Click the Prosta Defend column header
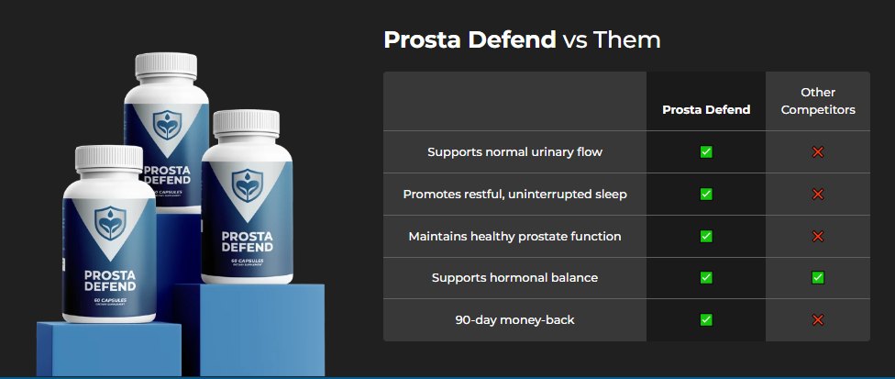(x=706, y=109)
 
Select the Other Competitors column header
(x=818, y=101)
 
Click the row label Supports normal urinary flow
(x=514, y=151)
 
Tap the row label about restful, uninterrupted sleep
(x=514, y=194)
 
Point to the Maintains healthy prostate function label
(x=514, y=236)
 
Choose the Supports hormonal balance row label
(x=514, y=277)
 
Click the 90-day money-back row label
(x=514, y=319)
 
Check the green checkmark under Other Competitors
(x=818, y=277)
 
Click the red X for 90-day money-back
(x=818, y=319)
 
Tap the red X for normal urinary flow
(x=818, y=151)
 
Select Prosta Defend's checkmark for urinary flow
(x=706, y=151)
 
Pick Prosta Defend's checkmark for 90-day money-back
(x=706, y=319)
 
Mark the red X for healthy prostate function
(x=818, y=236)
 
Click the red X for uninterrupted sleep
(x=818, y=194)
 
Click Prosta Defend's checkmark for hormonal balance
(x=706, y=277)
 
